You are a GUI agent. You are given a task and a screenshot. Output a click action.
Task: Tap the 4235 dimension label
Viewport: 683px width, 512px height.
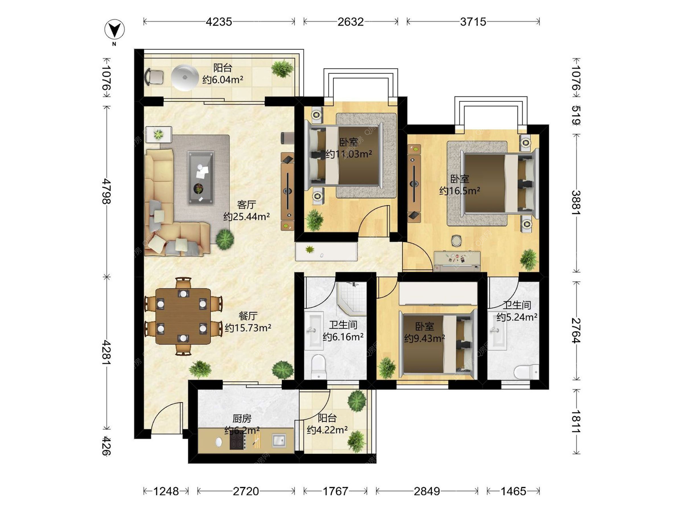219,22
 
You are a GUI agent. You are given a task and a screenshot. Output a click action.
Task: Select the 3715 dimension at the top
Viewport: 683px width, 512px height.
473,22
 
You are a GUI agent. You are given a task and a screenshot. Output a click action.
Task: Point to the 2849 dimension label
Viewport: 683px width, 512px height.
427,491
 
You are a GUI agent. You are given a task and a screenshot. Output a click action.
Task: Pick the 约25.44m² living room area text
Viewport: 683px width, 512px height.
247,216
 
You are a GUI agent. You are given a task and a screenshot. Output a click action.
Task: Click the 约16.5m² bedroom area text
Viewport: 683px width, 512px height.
460,191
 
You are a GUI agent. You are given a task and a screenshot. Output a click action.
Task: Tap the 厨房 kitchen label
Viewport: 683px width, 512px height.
242,418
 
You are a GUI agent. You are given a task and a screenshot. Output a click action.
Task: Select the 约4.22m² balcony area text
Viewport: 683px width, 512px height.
327,430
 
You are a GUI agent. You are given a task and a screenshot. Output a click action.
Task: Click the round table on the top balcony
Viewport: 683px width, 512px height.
185,78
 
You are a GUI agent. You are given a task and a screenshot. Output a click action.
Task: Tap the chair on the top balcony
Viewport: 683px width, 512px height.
154,77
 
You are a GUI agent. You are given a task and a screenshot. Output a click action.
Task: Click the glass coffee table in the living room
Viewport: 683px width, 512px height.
201,177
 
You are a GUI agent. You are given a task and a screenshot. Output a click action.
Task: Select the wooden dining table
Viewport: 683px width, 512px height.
183,316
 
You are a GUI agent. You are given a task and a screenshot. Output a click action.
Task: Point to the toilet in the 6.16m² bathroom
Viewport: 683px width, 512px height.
318,367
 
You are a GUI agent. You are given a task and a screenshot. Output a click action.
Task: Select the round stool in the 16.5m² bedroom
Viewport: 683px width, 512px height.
456,241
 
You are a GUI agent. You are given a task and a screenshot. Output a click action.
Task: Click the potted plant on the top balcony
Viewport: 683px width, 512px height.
282,69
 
